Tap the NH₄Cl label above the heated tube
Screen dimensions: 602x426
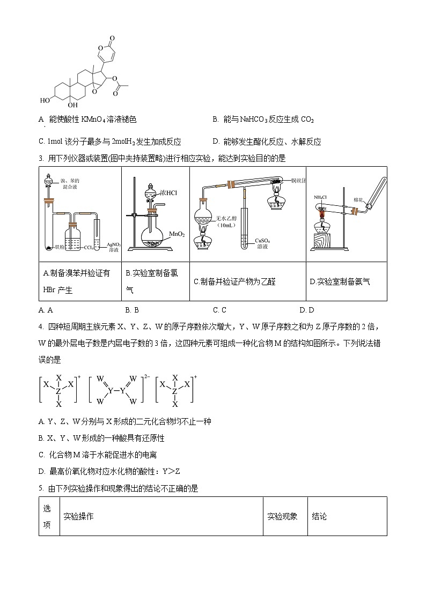point(321,197)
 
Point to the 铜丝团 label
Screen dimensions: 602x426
point(298,180)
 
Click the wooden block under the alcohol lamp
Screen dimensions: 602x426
point(324,240)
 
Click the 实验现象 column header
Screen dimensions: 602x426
point(282,516)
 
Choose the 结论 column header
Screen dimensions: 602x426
point(319,516)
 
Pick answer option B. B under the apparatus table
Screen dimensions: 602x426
point(132,310)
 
